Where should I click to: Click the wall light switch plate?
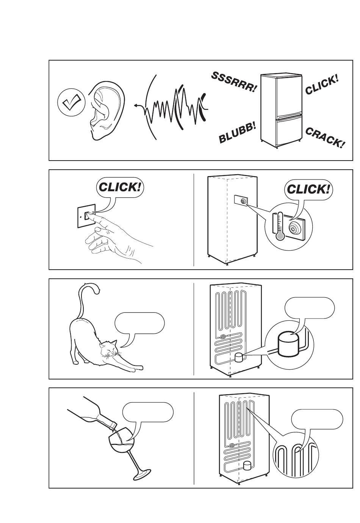tap(86, 215)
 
